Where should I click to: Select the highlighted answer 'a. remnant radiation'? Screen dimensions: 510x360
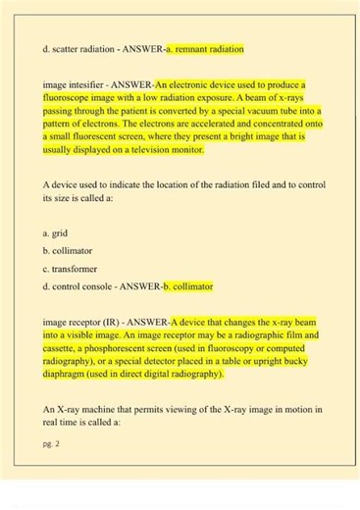[204, 47]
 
